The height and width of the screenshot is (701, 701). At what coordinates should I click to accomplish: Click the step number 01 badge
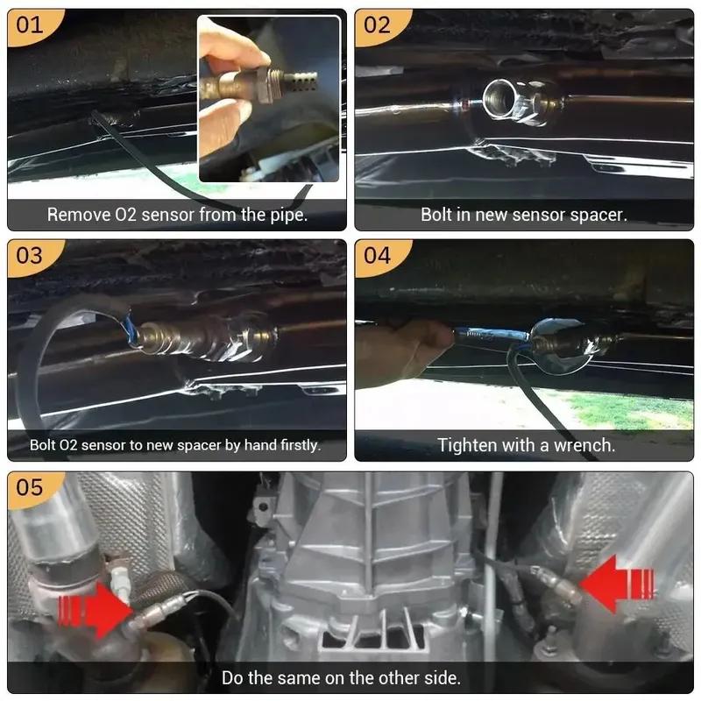[x=29, y=25]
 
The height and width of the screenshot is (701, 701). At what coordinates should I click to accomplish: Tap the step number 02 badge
[x=377, y=25]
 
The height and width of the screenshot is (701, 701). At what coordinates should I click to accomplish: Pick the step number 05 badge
[x=29, y=487]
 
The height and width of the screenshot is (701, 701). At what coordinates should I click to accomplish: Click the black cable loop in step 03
[x=53, y=350]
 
